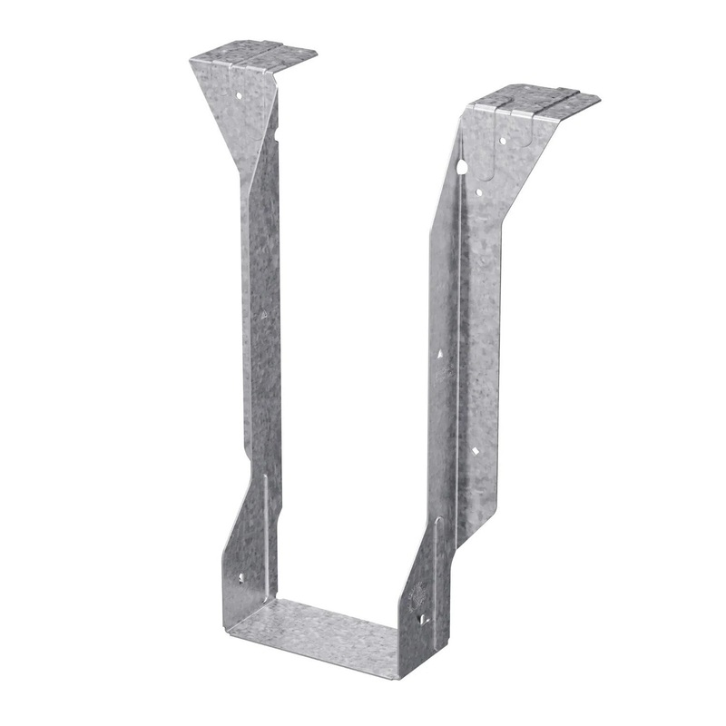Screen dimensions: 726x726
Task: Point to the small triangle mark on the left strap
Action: click(263, 315)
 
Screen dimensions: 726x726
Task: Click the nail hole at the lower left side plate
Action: click(241, 575)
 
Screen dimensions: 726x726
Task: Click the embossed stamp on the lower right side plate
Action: click(419, 594)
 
